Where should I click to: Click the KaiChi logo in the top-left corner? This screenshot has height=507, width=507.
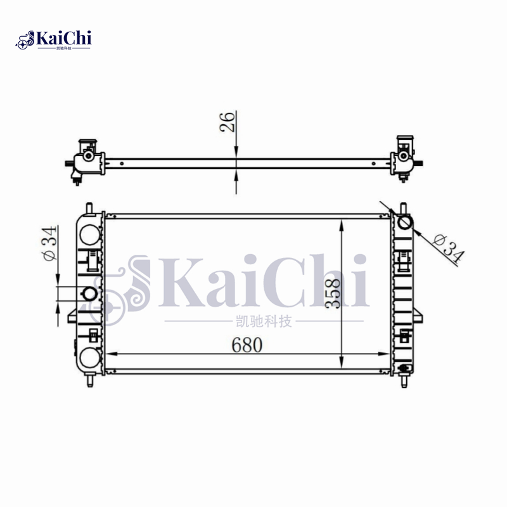coord(54,39)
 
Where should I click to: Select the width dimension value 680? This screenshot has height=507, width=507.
coord(247,345)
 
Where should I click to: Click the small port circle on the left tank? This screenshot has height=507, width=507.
coord(91,293)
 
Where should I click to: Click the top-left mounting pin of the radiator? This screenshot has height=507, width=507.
coord(89,207)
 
